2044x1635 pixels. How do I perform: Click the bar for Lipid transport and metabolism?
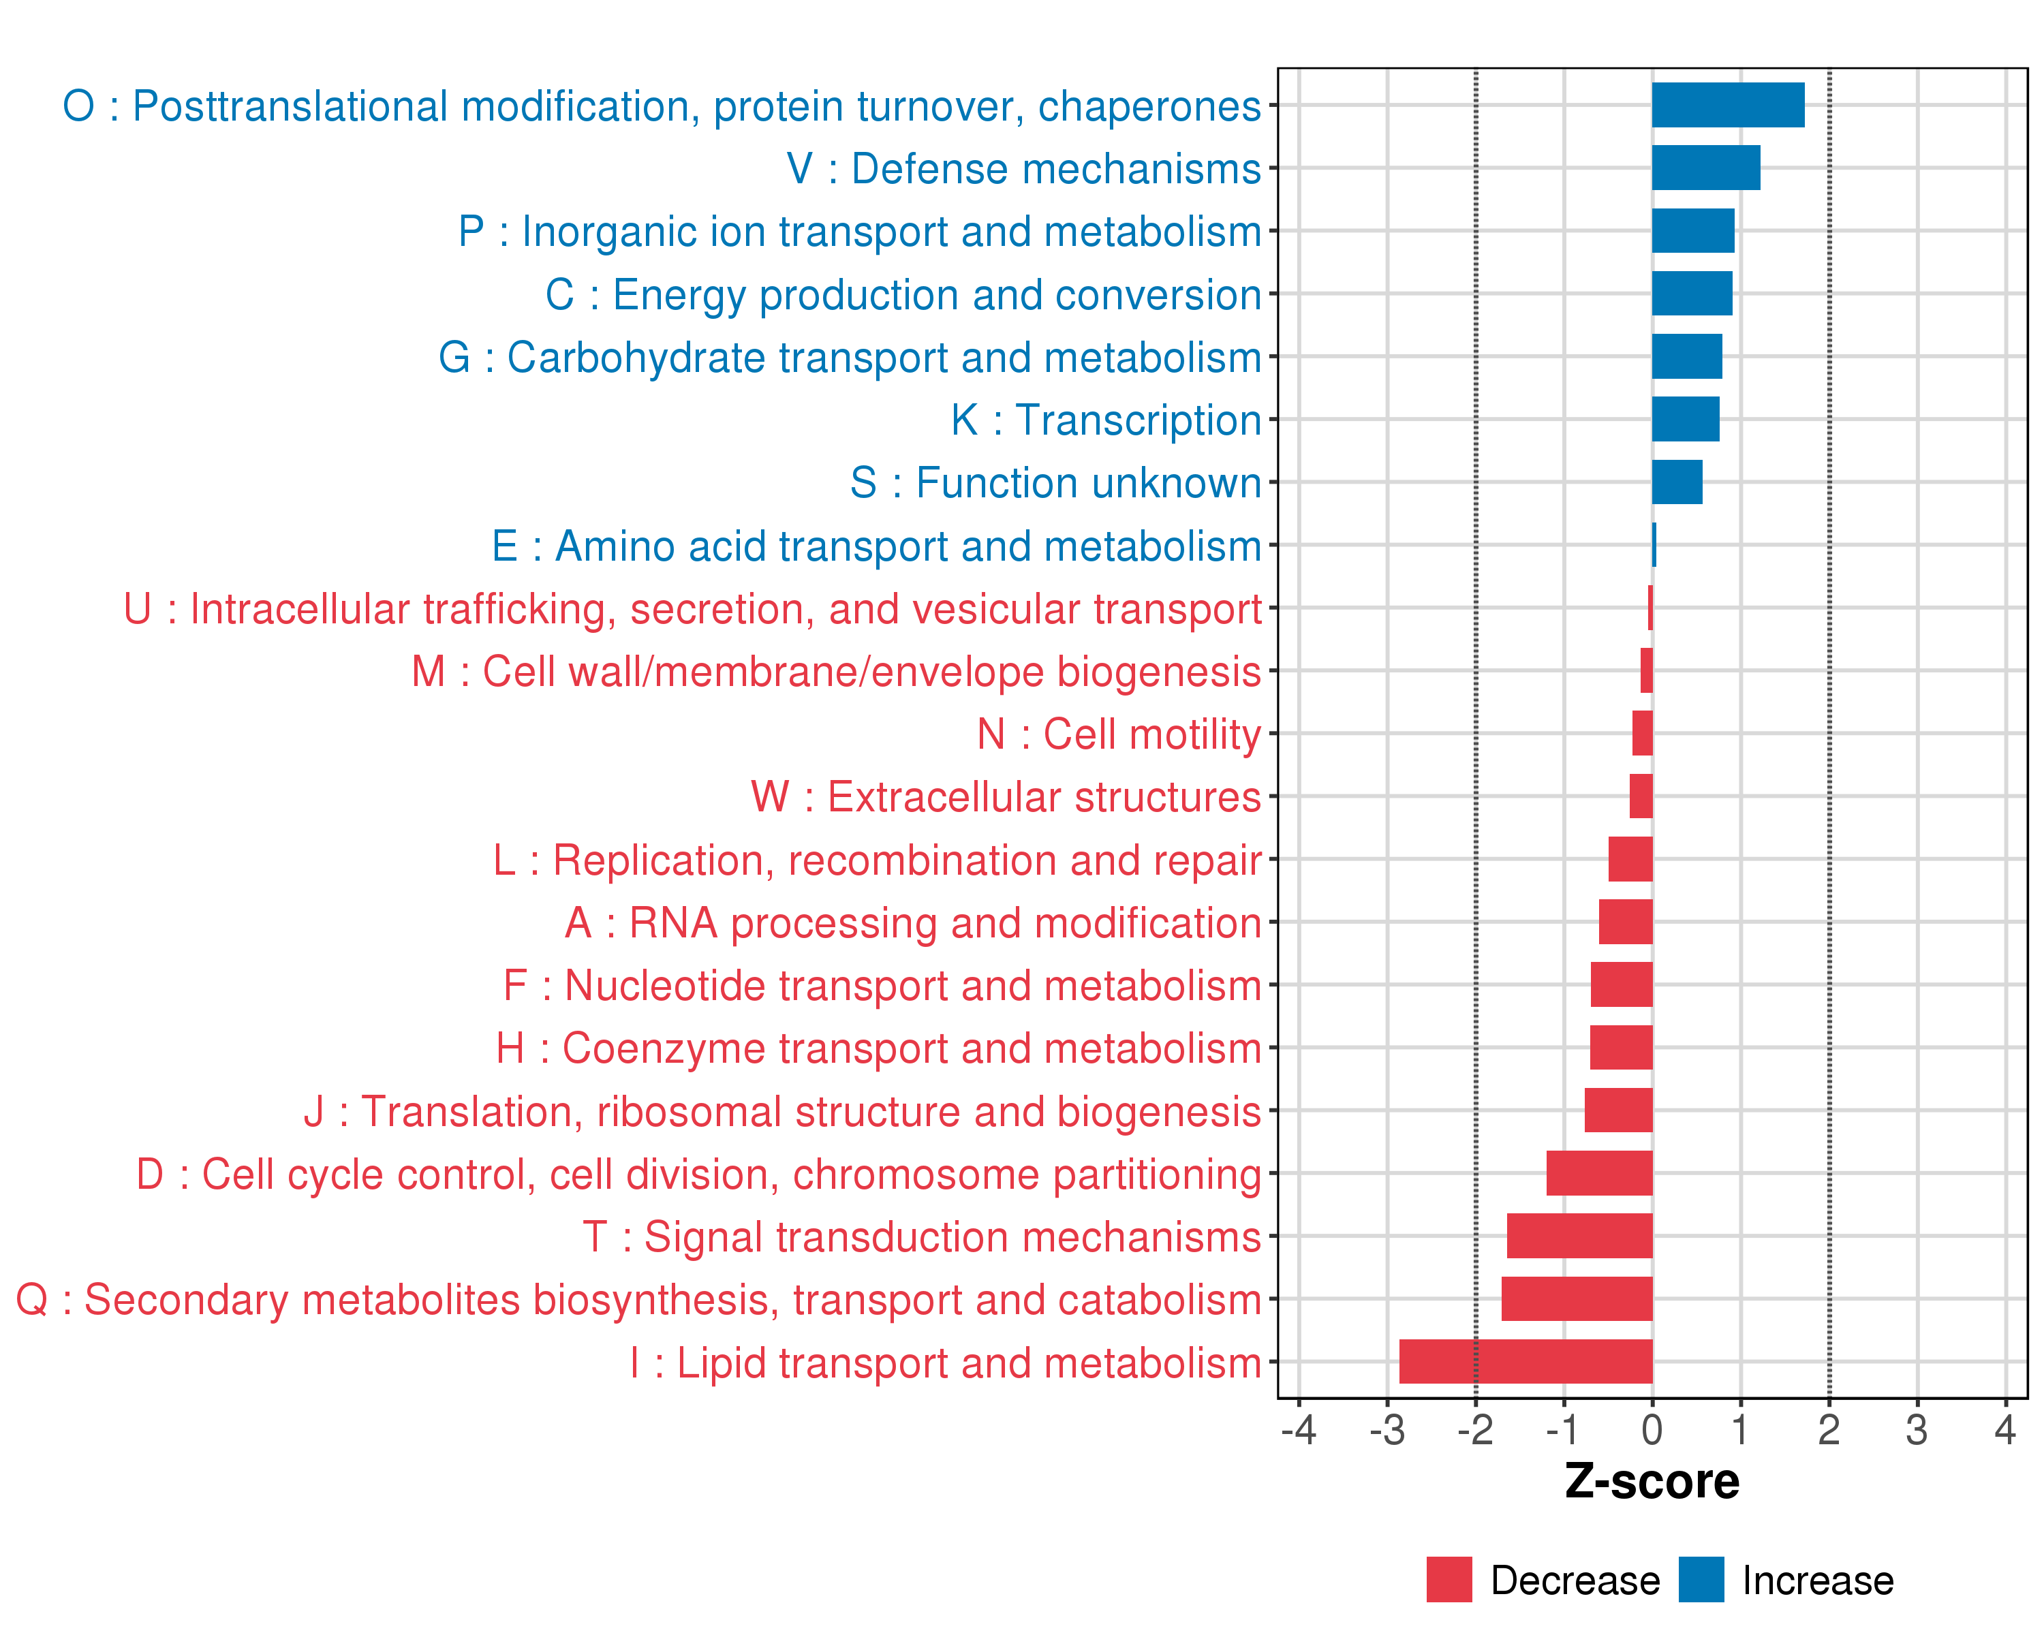(1526, 1361)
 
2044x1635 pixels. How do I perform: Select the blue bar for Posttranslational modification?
(1727, 105)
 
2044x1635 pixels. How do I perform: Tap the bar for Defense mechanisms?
(1705, 168)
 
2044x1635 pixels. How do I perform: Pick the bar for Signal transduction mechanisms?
(1579, 1236)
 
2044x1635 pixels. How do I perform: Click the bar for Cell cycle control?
(1599, 1173)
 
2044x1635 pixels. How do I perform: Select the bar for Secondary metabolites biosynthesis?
(1577, 1298)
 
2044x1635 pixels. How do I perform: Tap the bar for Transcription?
(1686, 419)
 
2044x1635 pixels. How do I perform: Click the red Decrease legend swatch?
(1449, 1579)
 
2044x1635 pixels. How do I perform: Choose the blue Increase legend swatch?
(1701, 1579)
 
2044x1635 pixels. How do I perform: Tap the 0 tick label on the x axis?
(1652, 1430)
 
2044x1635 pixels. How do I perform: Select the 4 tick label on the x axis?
(2004, 1430)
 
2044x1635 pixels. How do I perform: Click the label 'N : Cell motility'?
(1119, 734)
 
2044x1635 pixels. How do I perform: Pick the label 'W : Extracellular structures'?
(1006, 797)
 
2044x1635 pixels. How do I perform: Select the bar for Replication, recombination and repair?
(1630, 859)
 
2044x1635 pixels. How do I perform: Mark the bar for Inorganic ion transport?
(1693, 230)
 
